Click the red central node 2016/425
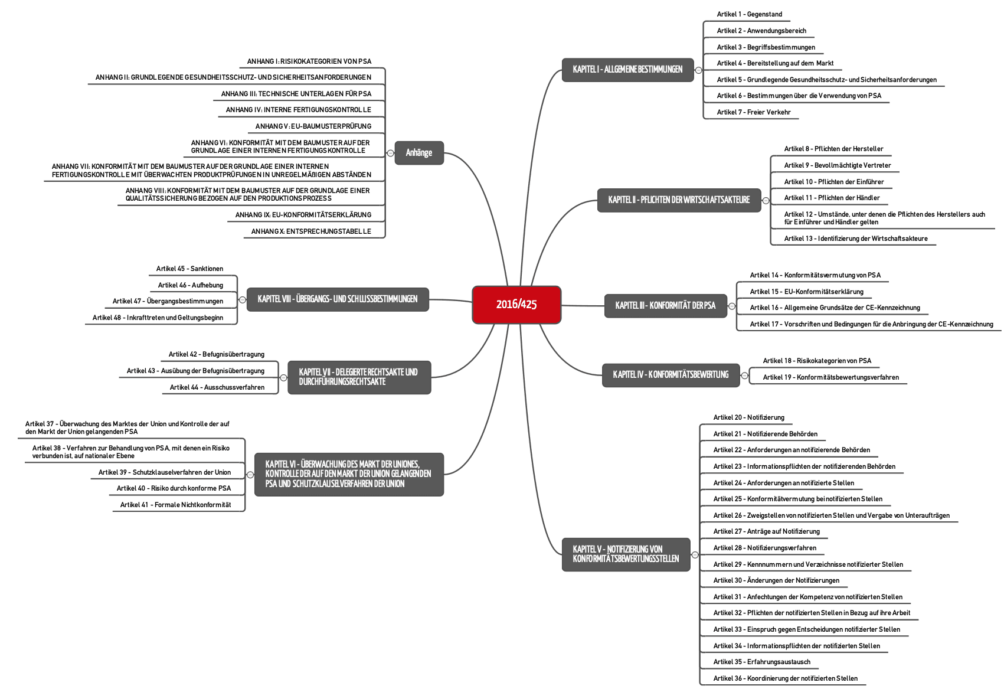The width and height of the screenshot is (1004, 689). (x=516, y=305)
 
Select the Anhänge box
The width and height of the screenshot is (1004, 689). (x=419, y=153)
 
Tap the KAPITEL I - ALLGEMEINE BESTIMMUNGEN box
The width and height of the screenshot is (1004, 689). (x=627, y=70)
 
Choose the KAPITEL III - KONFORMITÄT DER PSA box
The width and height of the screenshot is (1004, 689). (x=666, y=306)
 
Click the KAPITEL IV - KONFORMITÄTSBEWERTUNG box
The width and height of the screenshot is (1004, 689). (x=671, y=375)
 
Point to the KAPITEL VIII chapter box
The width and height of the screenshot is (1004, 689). (x=338, y=299)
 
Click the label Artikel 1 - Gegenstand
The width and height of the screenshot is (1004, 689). (x=750, y=14)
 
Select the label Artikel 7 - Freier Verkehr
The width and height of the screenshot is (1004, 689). (x=754, y=112)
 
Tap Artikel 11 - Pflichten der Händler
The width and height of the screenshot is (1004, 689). (x=832, y=198)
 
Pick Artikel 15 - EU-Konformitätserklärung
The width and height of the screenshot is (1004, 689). (x=806, y=292)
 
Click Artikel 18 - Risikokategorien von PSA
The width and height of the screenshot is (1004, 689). (x=817, y=361)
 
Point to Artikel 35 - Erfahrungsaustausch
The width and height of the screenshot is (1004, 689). (x=762, y=662)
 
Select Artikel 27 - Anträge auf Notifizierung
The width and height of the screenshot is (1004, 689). (x=767, y=531)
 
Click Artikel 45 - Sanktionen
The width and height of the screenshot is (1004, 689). (x=189, y=269)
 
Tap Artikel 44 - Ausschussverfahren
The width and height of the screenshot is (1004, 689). (x=217, y=387)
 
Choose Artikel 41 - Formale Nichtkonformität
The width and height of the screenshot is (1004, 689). (x=176, y=505)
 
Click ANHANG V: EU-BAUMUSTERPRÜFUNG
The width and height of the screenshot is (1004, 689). (x=313, y=126)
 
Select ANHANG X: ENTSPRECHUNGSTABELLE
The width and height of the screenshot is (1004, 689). (x=311, y=231)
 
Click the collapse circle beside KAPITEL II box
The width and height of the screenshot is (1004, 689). (x=766, y=200)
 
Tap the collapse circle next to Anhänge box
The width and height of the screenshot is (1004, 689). (x=390, y=153)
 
